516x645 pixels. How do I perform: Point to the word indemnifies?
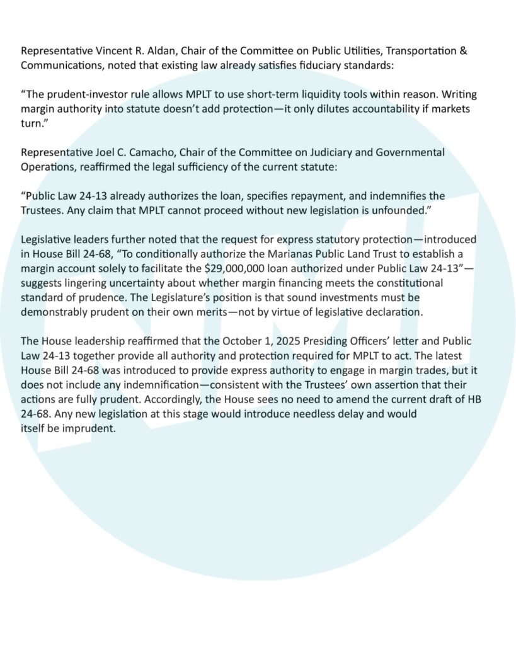401,196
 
